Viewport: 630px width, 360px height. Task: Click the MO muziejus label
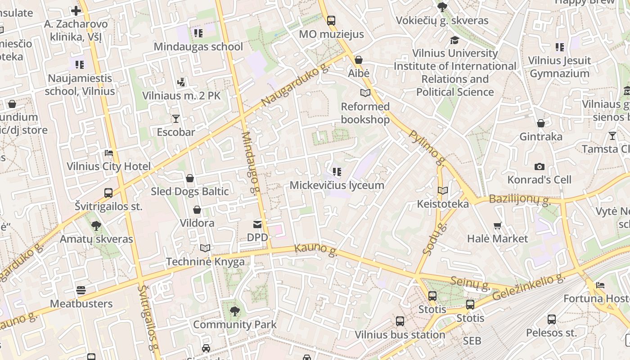[331, 35]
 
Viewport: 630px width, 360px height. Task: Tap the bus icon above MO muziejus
[331, 20]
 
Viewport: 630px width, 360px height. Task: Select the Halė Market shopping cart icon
[497, 225]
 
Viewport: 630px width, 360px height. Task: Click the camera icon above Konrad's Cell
[539, 166]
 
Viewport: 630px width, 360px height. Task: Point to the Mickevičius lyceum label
[337, 185]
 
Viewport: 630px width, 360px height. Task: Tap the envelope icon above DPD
[257, 224]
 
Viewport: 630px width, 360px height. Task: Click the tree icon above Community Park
[234, 310]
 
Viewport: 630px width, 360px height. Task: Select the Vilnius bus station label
[400, 335]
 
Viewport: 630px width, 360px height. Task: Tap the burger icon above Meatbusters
[81, 290]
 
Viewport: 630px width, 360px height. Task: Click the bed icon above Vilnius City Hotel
[108, 153]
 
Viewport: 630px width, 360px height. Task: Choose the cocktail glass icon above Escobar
[175, 119]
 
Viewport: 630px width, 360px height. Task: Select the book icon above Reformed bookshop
[365, 93]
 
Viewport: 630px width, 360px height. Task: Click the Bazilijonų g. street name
[520, 200]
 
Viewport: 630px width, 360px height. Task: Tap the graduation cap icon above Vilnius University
[454, 40]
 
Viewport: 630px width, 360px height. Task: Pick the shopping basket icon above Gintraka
[541, 123]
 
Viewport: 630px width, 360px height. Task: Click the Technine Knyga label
[205, 261]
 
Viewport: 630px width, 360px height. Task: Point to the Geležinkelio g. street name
[529, 288]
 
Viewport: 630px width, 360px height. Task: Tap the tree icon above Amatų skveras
[96, 225]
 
